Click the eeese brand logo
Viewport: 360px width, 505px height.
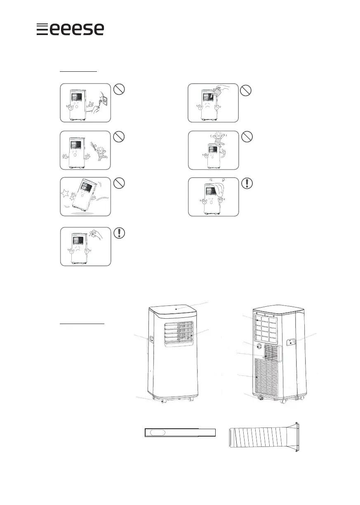click(x=70, y=29)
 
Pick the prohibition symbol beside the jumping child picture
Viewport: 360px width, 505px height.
click(x=247, y=137)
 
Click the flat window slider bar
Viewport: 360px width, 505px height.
click(x=180, y=432)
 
